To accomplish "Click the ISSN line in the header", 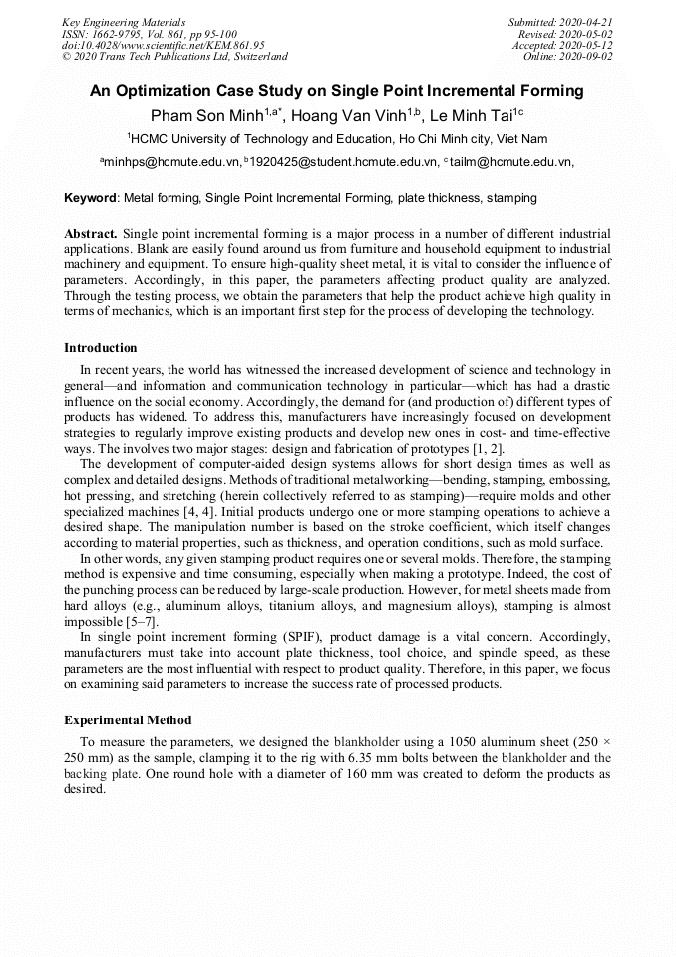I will point(149,33).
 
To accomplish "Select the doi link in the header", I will point(163,45).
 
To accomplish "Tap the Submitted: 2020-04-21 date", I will point(560,22).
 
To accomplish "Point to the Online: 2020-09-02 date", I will point(568,56).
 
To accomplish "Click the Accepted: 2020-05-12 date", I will point(562,45).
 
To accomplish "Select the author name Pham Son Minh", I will point(205,115).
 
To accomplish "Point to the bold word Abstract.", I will point(91,233).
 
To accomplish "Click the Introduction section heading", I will point(101,348).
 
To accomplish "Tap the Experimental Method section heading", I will point(128,719).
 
